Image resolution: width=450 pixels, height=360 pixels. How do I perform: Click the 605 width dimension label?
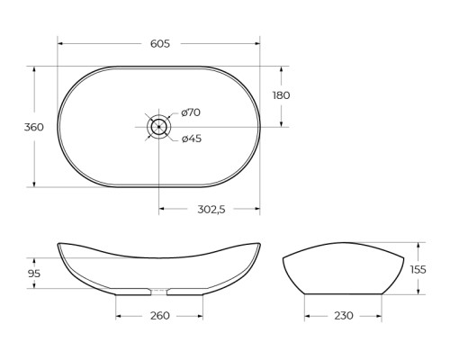click(158, 44)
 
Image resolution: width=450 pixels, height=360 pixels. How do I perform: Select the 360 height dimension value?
click(33, 127)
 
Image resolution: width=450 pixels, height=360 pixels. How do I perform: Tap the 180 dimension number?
click(281, 95)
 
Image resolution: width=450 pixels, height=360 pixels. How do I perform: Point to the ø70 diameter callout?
click(191, 112)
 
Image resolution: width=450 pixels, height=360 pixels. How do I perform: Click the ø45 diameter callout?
click(191, 139)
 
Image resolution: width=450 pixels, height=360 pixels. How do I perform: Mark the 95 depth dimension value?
click(34, 274)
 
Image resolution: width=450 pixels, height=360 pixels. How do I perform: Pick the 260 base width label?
click(158, 316)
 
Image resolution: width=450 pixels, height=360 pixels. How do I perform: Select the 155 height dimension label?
click(418, 268)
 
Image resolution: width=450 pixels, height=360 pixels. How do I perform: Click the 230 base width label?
click(343, 316)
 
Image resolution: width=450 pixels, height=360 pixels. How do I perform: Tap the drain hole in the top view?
click(158, 127)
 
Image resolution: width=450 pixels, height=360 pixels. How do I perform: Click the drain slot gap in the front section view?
click(158, 292)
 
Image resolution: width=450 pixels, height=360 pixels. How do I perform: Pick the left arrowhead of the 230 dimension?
click(308, 316)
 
